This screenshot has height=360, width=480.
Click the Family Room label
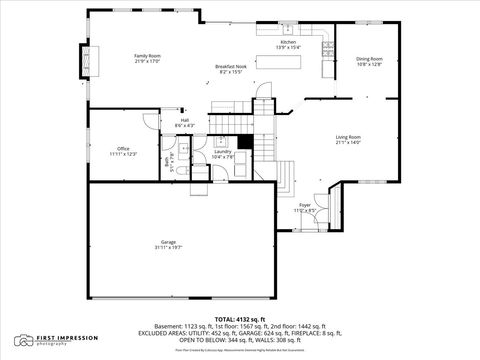pyautogui.click(x=148, y=55)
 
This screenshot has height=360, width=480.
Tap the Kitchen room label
pyautogui.click(x=288, y=42)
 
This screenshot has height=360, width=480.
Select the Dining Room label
pyautogui.click(x=370, y=59)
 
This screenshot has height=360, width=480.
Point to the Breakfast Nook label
pyautogui.click(x=231, y=66)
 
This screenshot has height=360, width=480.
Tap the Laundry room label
pyautogui.click(x=223, y=151)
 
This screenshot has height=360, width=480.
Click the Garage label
pyautogui.click(x=169, y=242)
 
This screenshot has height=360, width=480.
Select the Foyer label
pyautogui.click(x=305, y=205)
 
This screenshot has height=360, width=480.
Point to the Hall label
pyautogui.click(x=185, y=120)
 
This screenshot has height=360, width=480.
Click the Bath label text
pyautogui.click(x=181, y=160)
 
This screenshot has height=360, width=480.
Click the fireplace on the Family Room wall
pyautogui.click(x=94, y=62)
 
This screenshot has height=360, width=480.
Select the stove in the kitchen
pyautogui.click(x=327, y=47)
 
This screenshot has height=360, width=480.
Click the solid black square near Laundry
pyautogui.click(x=244, y=142)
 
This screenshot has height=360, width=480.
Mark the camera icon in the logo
pyautogui.click(x=22, y=340)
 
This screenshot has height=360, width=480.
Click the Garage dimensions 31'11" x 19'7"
pyautogui.click(x=169, y=247)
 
